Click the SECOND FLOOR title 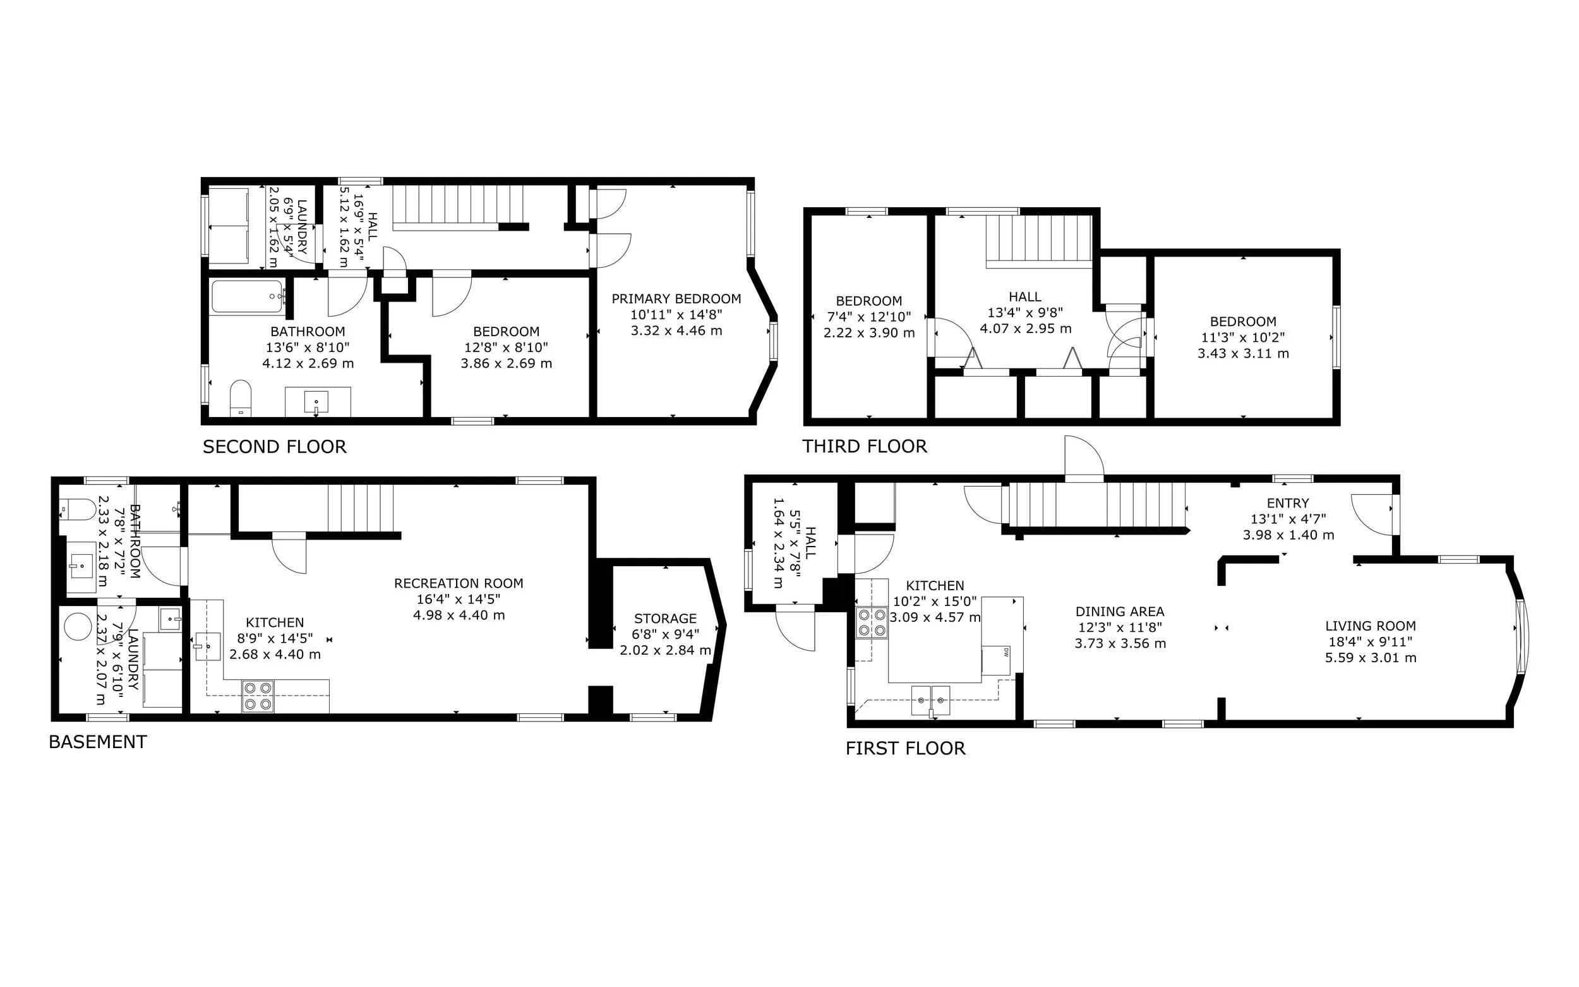pyautogui.click(x=274, y=447)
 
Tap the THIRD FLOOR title pyautogui.click(x=864, y=447)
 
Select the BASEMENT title pyautogui.click(x=98, y=742)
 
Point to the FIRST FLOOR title pyautogui.click(x=905, y=749)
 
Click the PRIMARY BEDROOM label pyautogui.click(x=676, y=299)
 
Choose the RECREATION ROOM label pyautogui.click(x=458, y=584)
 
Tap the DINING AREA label pyautogui.click(x=1120, y=612)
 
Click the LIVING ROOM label pyautogui.click(x=1370, y=626)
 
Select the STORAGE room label pyautogui.click(x=665, y=619)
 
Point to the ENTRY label pyautogui.click(x=1287, y=503)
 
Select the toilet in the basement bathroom pyautogui.click(x=77, y=509)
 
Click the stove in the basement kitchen pyautogui.click(x=258, y=696)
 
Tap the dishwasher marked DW pyautogui.click(x=996, y=659)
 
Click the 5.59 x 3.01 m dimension pyautogui.click(x=1370, y=658)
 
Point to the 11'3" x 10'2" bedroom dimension pyautogui.click(x=1243, y=338)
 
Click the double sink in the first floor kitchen pyautogui.click(x=931, y=700)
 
